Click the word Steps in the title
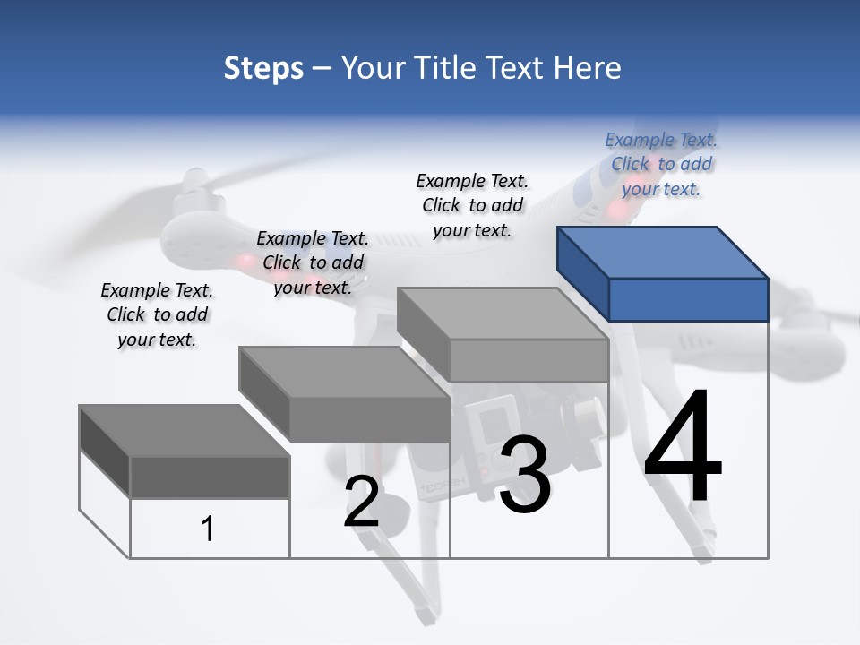[263, 68]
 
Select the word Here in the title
[588, 68]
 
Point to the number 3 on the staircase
[524, 476]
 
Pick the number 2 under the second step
[361, 502]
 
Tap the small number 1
[207, 529]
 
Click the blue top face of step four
[662, 252]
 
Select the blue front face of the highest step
[688, 299]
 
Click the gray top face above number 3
[502, 314]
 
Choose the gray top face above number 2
[343, 372]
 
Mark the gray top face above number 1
[184, 430]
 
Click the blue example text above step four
[661, 164]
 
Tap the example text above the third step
[472, 205]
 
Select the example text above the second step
[313, 262]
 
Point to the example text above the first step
[157, 314]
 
